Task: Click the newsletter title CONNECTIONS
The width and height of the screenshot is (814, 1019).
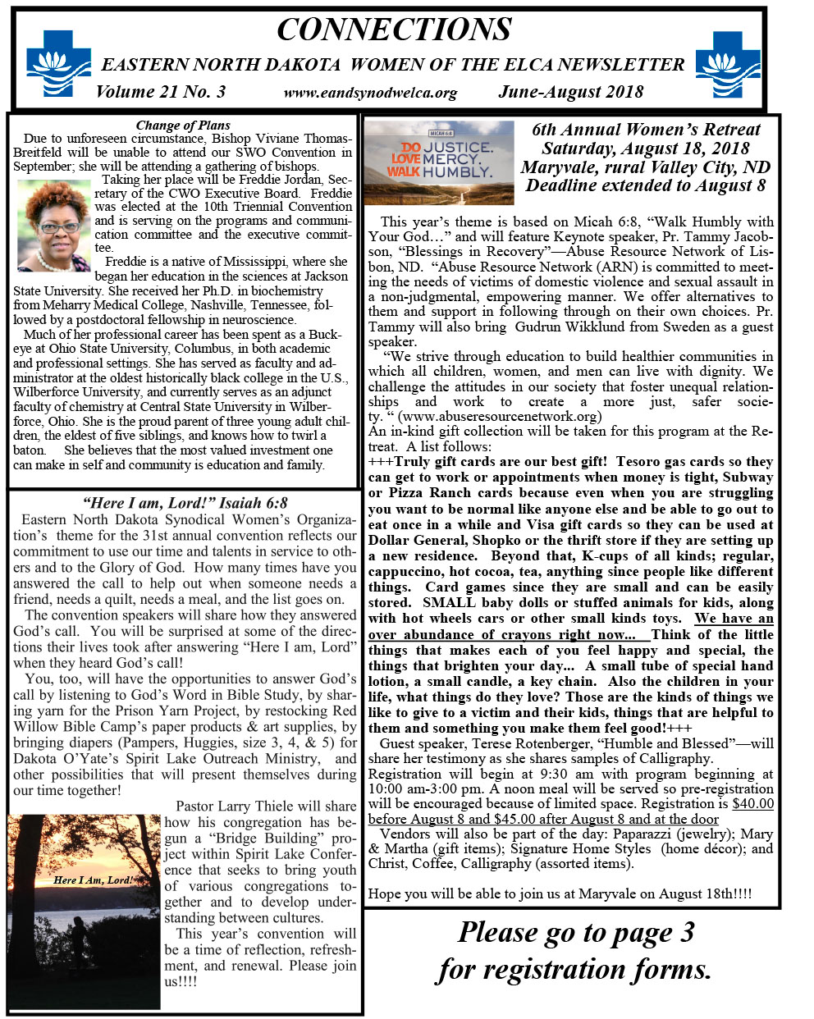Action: [x=394, y=30]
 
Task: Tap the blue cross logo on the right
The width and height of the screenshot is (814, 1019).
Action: [x=727, y=63]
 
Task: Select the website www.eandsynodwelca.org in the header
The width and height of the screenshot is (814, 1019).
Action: [x=370, y=93]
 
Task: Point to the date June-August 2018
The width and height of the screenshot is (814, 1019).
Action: [x=570, y=92]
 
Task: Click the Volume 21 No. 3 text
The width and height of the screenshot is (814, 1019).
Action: [x=161, y=91]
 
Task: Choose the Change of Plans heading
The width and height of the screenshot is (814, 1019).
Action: [x=183, y=126]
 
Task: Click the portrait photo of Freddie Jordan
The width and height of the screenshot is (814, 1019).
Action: [x=54, y=225]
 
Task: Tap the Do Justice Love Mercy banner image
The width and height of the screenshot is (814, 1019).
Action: [x=438, y=162]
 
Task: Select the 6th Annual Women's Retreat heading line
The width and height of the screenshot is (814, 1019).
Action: [x=646, y=130]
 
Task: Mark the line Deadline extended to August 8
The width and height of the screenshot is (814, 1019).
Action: [x=646, y=185]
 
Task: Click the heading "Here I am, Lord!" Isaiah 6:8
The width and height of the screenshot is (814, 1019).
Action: [x=185, y=503]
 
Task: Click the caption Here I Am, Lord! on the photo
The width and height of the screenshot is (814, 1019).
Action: [x=92, y=880]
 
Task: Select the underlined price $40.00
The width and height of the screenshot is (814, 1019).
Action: [x=752, y=804]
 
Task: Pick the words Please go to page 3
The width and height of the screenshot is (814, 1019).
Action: [x=575, y=933]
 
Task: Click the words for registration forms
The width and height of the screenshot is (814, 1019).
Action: [x=574, y=970]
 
